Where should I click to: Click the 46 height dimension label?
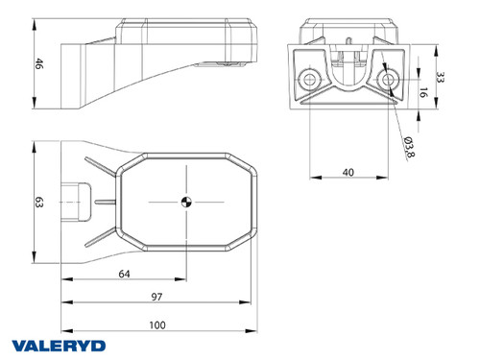[x=39, y=64]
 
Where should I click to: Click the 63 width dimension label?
[x=39, y=203]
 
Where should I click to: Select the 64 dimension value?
[x=126, y=275]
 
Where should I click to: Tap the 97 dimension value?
[x=156, y=299]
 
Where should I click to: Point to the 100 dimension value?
[x=156, y=324]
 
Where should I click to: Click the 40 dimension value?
[x=347, y=172]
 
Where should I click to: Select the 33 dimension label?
[x=440, y=79]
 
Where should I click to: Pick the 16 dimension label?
[x=423, y=93]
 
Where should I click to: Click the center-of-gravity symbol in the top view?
[x=185, y=202]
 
